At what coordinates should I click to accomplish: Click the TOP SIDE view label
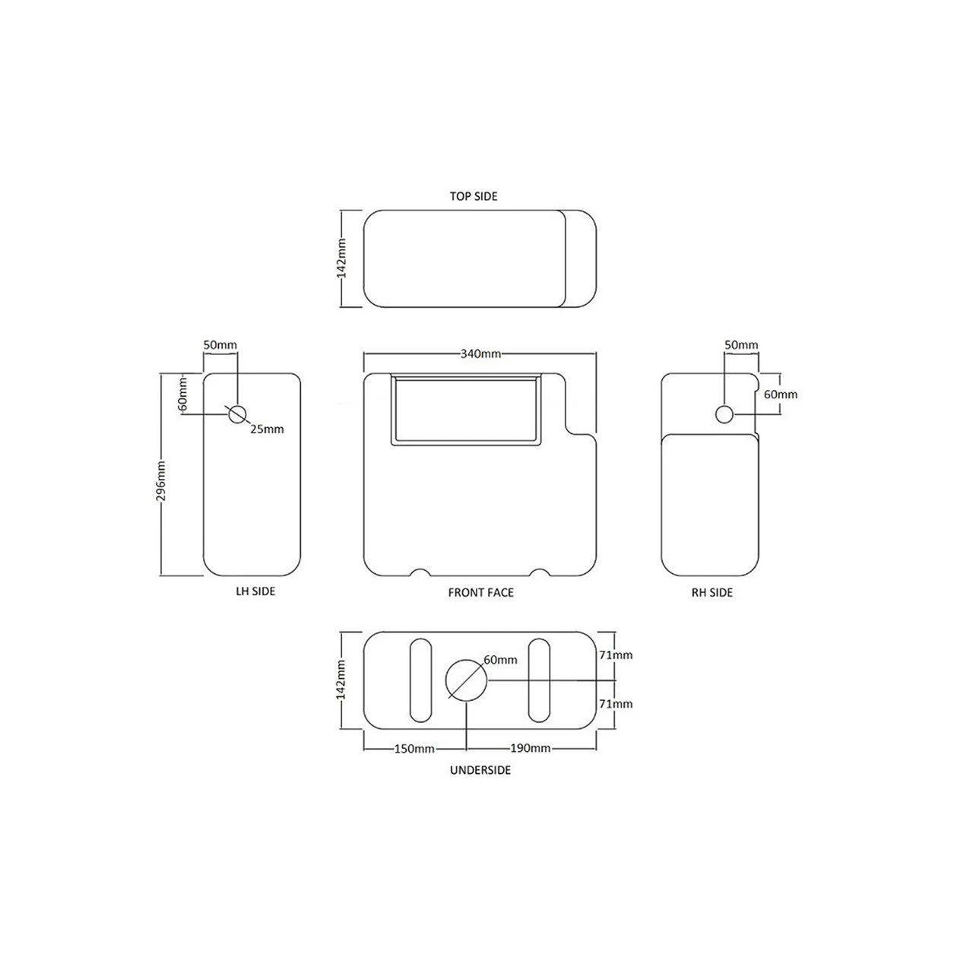(x=473, y=196)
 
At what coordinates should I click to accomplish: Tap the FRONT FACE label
(x=480, y=592)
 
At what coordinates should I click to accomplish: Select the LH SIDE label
(x=255, y=591)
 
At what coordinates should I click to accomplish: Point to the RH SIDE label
(x=712, y=592)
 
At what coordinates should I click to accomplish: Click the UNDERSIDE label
(x=480, y=770)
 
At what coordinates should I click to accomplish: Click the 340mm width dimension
(x=480, y=353)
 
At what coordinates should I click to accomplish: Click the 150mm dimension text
(x=414, y=749)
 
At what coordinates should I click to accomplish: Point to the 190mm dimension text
(x=530, y=749)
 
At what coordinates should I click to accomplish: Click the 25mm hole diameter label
(x=267, y=429)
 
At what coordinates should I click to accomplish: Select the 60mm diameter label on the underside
(x=500, y=660)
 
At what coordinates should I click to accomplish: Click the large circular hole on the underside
(x=465, y=679)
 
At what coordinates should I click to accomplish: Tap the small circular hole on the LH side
(x=238, y=414)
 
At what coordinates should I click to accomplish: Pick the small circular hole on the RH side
(x=724, y=414)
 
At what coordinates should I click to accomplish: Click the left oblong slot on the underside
(x=420, y=680)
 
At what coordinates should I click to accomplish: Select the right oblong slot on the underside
(x=539, y=680)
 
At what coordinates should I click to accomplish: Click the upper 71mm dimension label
(x=616, y=655)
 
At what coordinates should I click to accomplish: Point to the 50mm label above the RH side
(x=740, y=345)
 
